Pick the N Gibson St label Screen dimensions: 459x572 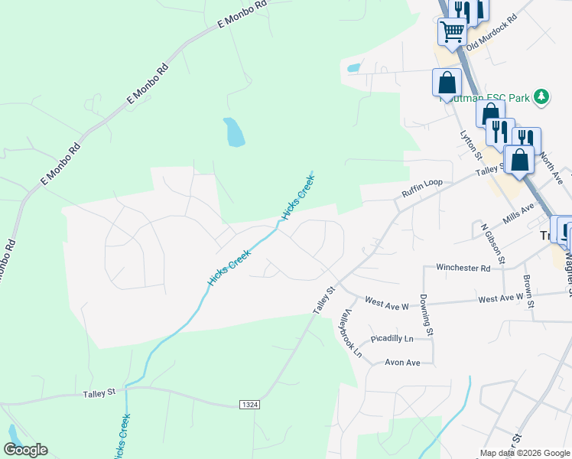[492, 244]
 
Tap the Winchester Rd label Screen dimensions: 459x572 [463, 268]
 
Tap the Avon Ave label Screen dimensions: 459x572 [402, 363]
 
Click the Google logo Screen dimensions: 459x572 [25, 450]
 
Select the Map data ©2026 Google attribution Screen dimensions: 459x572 [524, 453]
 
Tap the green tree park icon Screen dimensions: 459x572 [541, 96]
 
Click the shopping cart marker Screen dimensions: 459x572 [452, 31]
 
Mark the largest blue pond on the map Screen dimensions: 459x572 [234, 132]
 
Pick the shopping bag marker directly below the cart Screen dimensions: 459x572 [447, 82]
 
